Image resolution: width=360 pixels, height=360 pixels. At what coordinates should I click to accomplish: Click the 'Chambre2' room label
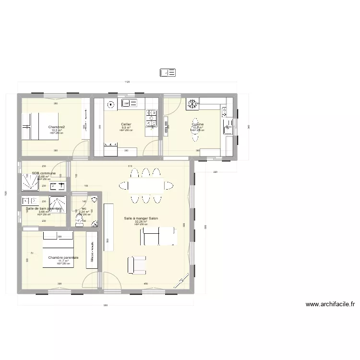(x=57, y=127)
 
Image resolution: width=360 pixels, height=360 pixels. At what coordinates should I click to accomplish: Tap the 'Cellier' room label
(x=126, y=124)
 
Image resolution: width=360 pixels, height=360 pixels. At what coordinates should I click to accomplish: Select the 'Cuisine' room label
(x=197, y=124)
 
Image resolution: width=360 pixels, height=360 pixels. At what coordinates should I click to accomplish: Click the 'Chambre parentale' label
(x=63, y=257)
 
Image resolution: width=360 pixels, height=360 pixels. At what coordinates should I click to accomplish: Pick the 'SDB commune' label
(x=44, y=173)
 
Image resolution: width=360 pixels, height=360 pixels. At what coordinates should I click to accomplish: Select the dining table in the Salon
(x=146, y=185)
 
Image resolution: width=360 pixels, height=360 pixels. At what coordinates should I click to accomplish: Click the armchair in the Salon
(x=136, y=265)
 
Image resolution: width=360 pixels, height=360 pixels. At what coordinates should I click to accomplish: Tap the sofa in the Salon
(x=159, y=236)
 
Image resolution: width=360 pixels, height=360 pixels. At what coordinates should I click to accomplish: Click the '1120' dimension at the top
(x=127, y=83)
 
